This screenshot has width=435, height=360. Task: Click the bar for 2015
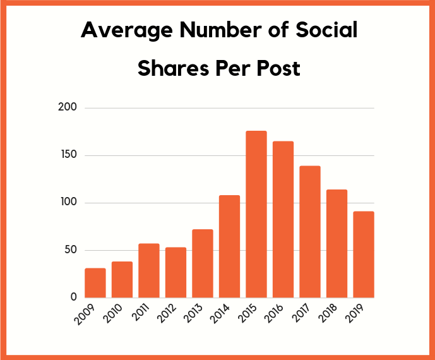click(256, 214)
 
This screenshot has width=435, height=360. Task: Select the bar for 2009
click(95, 283)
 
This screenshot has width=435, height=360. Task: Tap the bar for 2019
click(364, 255)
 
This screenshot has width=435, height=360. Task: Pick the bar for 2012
click(176, 272)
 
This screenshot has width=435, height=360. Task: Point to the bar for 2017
click(310, 232)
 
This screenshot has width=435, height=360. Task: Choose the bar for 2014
click(229, 246)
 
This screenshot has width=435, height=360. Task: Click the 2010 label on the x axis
click(119, 313)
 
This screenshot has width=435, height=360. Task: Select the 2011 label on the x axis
click(146, 313)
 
